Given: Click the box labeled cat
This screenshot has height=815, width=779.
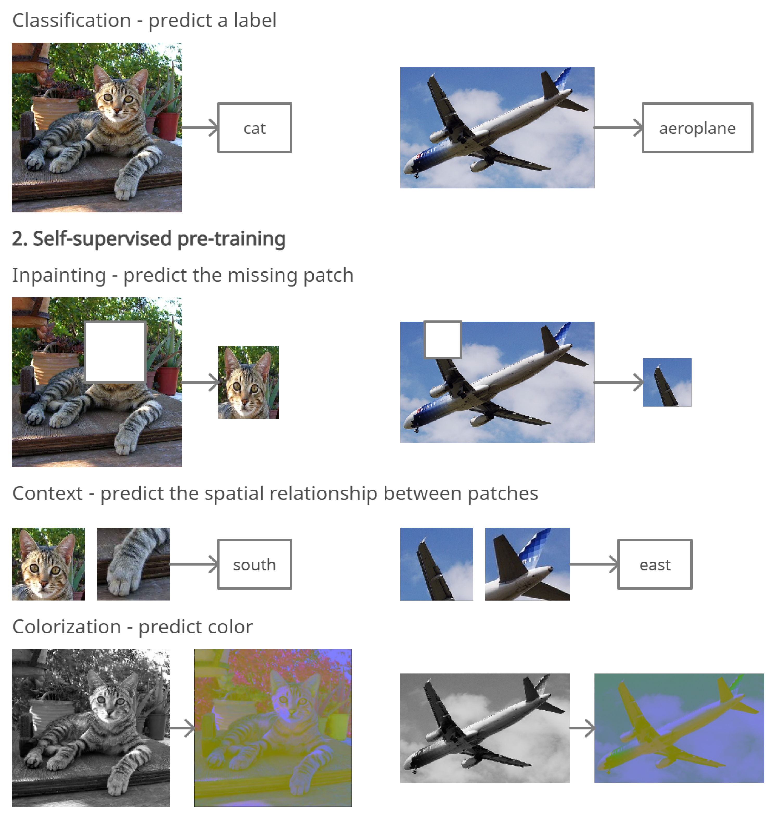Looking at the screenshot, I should (x=254, y=127).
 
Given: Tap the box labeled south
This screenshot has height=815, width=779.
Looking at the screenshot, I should (x=254, y=564).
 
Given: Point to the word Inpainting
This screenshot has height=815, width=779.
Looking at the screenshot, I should (x=59, y=275).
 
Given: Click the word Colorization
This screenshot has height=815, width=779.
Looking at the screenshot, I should (x=66, y=627).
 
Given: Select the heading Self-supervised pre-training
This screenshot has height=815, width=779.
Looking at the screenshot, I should (x=149, y=239).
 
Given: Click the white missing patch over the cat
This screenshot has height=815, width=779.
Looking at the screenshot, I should (x=115, y=352).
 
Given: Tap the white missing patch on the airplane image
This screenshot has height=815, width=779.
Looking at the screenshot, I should (x=442, y=339).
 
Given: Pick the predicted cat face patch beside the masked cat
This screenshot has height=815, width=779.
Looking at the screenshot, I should (x=248, y=382).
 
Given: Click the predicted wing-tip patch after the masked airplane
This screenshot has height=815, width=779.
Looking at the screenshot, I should (x=667, y=382).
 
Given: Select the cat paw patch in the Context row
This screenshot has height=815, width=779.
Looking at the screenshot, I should (x=133, y=564).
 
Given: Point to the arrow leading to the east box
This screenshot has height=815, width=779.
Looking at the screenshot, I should (x=594, y=564).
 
